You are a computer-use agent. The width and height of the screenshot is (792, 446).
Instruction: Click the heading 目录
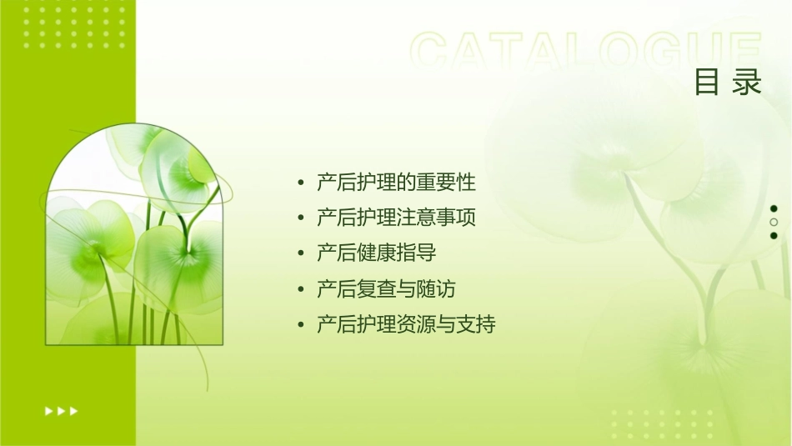coord(728,83)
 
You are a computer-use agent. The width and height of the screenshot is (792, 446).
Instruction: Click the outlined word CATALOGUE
coord(586,52)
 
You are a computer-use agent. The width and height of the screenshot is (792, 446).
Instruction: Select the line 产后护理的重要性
coord(396,182)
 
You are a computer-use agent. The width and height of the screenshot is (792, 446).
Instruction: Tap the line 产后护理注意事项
coord(396,218)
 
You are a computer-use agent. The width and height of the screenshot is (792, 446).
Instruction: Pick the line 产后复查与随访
coord(386,289)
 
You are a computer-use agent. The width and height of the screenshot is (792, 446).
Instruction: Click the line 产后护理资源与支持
coord(406,324)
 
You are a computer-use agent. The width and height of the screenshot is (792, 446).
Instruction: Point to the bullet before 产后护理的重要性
coord(300,183)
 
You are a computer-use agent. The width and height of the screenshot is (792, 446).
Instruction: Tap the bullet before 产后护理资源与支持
coord(300,325)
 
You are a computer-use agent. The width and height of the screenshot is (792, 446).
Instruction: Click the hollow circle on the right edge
coord(774,222)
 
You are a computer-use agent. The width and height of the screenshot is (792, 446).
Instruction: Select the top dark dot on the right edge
coord(774,208)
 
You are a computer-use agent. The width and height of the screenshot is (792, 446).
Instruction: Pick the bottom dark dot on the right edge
coord(774,235)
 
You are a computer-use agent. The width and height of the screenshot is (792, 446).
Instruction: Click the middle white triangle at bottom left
coord(61,410)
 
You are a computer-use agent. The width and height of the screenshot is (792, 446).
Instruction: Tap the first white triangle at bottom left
coord(48,410)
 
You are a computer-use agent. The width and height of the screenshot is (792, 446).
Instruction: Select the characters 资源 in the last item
coord(416,324)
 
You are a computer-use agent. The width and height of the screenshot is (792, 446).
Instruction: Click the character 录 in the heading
coord(747,83)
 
